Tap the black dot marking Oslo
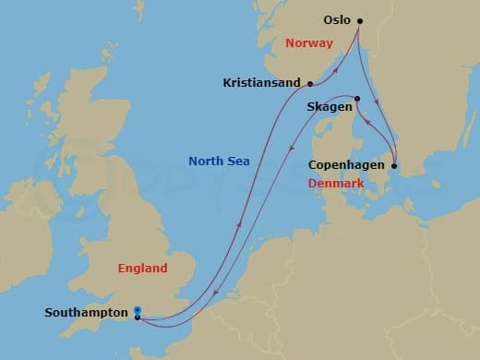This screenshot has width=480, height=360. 360,20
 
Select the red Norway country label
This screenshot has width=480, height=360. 309,42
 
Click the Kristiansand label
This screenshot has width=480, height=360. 262,82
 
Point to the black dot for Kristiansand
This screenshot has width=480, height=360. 310,83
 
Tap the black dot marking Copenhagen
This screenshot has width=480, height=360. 395,166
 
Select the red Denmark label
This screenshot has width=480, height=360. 335,184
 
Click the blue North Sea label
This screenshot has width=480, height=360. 219,162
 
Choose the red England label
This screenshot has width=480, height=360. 143,269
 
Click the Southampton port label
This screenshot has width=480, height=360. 87,313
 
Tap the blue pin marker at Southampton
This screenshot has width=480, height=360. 138,310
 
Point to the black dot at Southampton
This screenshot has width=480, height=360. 138,318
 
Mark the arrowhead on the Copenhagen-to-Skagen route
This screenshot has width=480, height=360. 369,126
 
